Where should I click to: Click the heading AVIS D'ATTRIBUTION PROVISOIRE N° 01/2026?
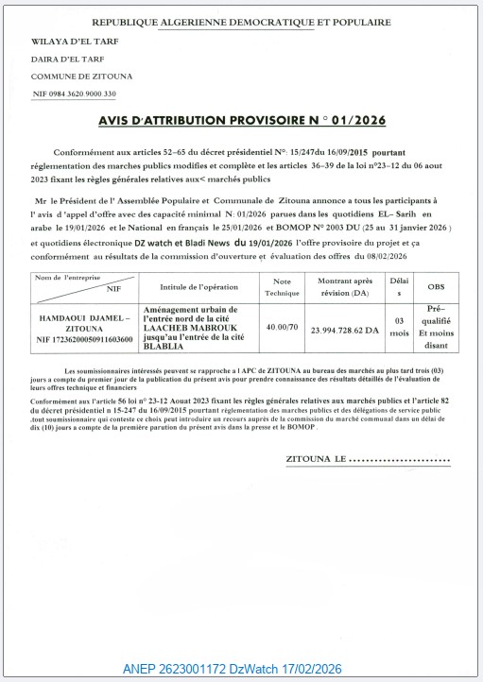tap(241, 122)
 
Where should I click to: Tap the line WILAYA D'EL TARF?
tap(66, 43)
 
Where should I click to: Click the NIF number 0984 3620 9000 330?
tap(74, 94)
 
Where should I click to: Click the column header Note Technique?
tap(282, 286)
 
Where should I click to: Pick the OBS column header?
tap(436, 286)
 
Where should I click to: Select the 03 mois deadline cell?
tap(400, 328)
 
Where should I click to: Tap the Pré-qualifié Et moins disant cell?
tap(436, 327)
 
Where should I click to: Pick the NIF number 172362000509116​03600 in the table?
tap(84, 338)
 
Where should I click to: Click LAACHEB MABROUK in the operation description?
tap(185, 327)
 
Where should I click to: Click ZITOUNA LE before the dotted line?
tap(316, 459)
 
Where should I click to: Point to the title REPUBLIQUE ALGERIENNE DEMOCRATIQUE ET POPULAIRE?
tap(241, 22)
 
